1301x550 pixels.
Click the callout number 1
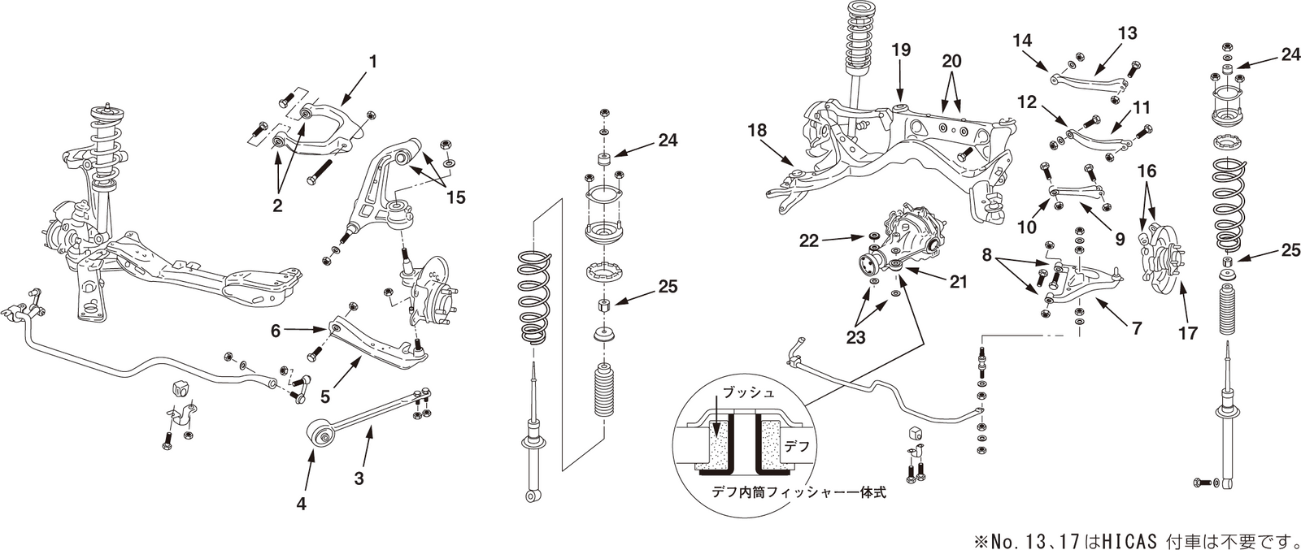[373, 61]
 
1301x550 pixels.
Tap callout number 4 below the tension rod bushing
[301, 503]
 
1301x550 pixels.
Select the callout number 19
[901, 49]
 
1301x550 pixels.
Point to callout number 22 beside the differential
[808, 240]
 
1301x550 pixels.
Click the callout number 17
[1188, 332]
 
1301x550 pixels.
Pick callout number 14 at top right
[1023, 39]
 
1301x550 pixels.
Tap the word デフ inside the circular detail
[795, 446]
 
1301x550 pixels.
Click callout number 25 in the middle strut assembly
[668, 287]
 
